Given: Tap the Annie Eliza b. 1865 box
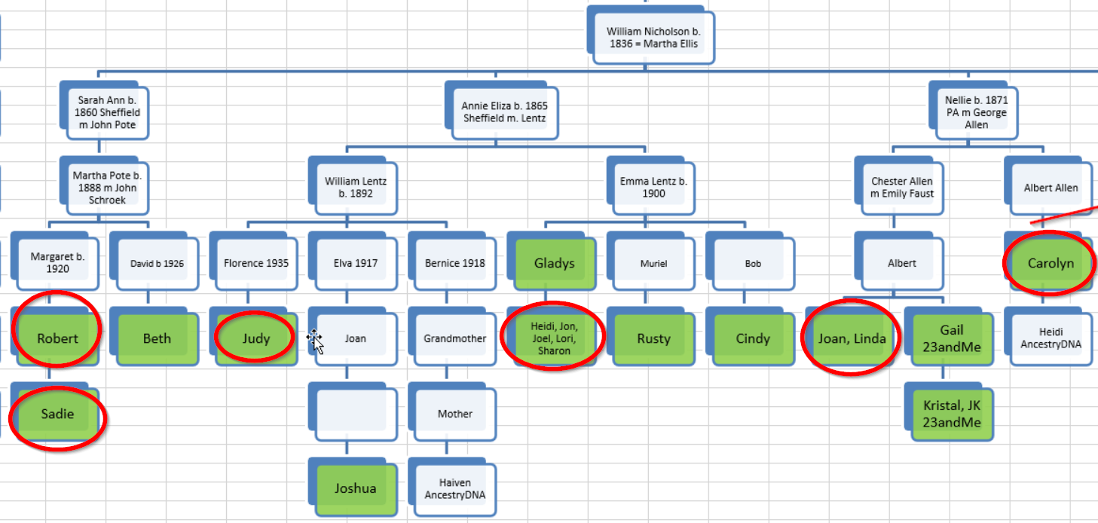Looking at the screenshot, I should [504, 113].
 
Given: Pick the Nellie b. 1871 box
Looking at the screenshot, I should [977, 113].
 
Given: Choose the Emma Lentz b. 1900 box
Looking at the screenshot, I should [653, 188].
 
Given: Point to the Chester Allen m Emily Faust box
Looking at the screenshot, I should [902, 188].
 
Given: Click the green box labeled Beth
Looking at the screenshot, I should [157, 339].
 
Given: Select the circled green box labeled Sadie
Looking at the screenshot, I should [58, 414].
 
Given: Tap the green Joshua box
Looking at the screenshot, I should [356, 488].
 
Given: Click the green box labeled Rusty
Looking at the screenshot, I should [653, 339].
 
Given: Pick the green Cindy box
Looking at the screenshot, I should [753, 339].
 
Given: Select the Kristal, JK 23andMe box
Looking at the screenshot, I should [952, 414].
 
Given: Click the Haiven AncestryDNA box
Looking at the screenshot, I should [455, 488].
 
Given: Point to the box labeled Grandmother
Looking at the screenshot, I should [455, 339].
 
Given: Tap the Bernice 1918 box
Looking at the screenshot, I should [455, 264].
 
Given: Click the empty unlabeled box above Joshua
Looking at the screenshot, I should [356, 414].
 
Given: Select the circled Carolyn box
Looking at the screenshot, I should [1051, 264].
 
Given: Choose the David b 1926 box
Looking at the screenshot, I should [157, 264].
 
